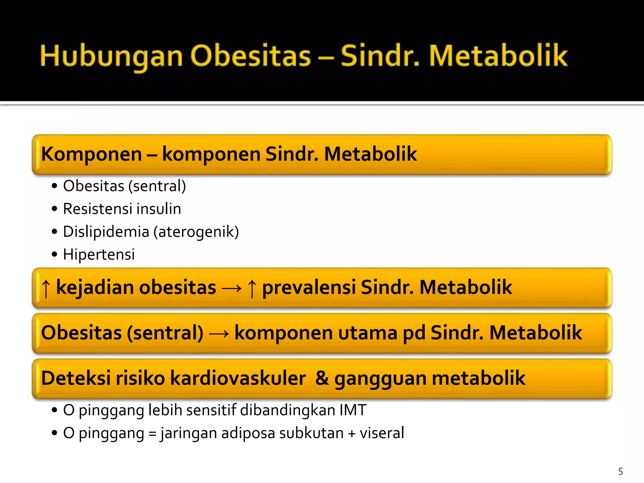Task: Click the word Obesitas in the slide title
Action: [250, 56]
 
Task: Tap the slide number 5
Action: [620, 471]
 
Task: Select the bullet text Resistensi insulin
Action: [122, 209]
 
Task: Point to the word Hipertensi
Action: [99, 254]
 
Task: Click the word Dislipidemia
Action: [106, 232]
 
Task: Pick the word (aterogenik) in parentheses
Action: [196, 232]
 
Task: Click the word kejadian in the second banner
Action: [94, 287]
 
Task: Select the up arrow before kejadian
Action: [46, 288]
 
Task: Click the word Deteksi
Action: [76, 378]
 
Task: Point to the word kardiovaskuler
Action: [238, 378]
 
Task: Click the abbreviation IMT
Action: [353, 410]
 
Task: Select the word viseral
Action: [382, 433]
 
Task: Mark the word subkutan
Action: [311, 433]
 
